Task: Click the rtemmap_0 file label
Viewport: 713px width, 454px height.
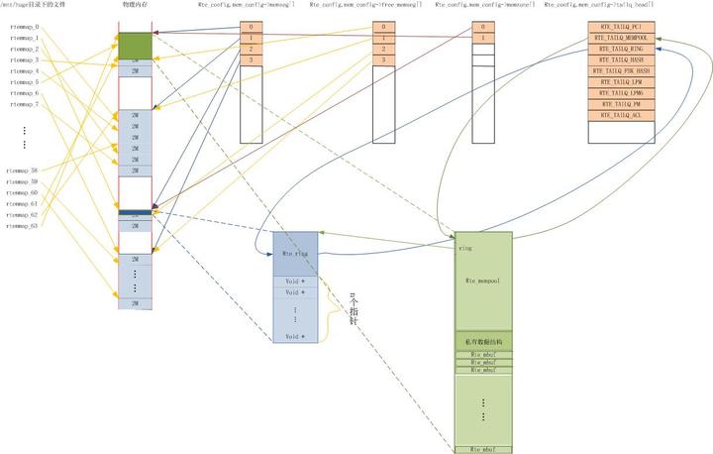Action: point(24,27)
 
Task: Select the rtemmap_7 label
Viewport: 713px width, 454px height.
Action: point(24,104)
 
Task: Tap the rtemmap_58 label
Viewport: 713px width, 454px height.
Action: point(22,170)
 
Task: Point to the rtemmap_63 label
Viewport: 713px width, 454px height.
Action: point(22,226)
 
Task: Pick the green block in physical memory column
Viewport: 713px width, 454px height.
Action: point(135,45)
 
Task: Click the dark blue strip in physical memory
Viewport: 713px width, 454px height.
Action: point(135,212)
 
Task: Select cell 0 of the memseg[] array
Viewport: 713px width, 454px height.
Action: point(251,27)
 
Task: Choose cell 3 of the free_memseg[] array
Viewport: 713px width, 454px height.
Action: point(384,59)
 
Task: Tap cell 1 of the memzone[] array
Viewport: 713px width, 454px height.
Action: point(482,38)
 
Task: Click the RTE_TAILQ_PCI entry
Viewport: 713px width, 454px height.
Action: point(622,27)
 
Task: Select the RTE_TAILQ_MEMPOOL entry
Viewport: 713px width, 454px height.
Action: point(622,38)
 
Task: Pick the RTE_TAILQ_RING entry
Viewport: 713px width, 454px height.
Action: point(622,49)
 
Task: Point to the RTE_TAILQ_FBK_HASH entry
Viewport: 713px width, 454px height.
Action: point(622,71)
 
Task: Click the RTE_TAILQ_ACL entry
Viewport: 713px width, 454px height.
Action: point(622,115)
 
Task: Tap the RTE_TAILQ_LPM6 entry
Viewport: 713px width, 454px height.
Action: point(622,93)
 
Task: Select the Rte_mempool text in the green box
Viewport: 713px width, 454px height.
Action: point(483,282)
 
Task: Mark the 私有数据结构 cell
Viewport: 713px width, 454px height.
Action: point(483,342)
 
